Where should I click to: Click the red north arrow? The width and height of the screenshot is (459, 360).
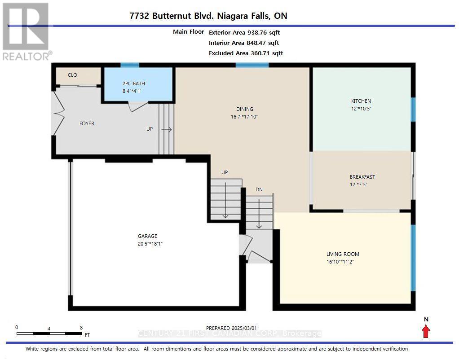coord(426,332)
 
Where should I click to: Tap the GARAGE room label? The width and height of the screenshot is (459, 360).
coord(147,236)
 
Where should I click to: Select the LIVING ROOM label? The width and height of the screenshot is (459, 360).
coord(343,254)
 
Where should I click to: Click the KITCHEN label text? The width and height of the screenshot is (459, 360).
coord(361,101)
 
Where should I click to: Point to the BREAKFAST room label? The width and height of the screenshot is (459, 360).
coord(362,177)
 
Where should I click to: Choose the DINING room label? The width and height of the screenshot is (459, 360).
coord(245,109)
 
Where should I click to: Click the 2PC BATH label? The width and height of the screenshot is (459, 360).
coord(134,83)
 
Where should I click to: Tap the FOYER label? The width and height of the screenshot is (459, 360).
coord(87,123)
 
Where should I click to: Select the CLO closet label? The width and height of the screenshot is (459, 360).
coord(72,75)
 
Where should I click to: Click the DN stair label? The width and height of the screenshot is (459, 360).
coord(259,190)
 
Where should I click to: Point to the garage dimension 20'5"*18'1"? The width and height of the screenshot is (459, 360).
coord(150,243)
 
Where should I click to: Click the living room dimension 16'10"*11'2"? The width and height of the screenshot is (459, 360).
coord(340,262)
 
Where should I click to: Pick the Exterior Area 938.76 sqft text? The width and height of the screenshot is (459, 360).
coord(244,32)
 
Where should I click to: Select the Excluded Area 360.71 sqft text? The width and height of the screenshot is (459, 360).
coord(246,53)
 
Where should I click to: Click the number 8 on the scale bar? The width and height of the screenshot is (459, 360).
coord(81,328)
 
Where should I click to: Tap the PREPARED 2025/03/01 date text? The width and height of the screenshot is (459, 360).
coord(231,329)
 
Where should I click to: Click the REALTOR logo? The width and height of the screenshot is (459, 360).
coord(27,31)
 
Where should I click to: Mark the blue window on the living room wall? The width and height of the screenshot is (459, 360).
coord(413,258)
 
